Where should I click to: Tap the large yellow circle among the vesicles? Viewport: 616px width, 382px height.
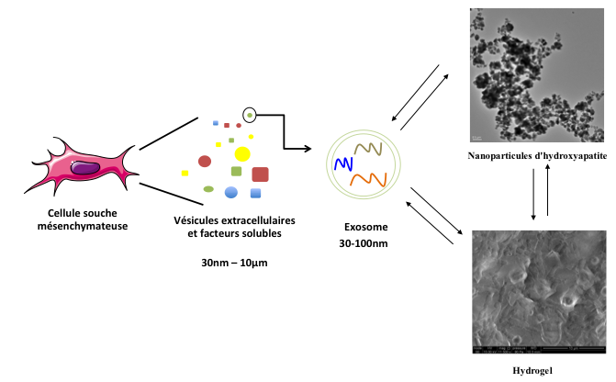[242, 153]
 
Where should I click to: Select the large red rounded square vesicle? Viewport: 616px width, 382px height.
[260, 174]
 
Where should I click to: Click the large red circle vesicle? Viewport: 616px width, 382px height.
[205, 162]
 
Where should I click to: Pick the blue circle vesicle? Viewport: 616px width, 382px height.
[231, 192]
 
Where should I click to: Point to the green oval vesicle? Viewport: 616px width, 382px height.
[208, 189]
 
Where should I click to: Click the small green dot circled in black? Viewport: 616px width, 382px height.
[249, 115]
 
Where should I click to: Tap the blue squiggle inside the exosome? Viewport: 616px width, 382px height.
[343, 165]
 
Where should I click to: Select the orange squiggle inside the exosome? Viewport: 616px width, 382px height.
[371, 179]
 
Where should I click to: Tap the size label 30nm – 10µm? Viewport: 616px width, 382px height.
[234, 264]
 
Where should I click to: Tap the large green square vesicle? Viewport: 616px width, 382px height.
[236, 172]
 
